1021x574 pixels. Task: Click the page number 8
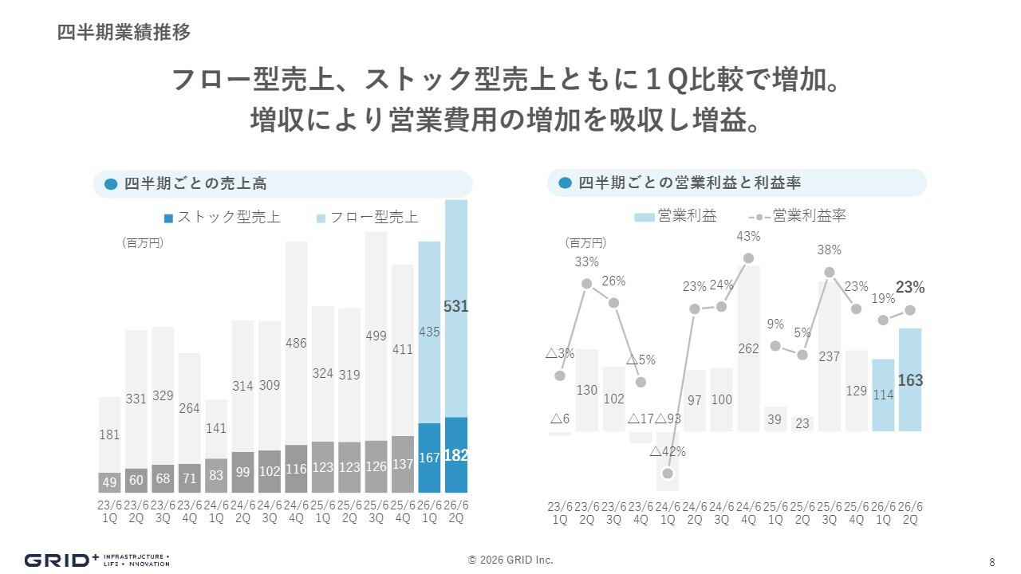(x=991, y=560)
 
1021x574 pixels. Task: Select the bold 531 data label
(x=455, y=306)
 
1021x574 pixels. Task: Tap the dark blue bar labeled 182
(x=456, y=455)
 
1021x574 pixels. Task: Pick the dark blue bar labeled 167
(x=429, y=458)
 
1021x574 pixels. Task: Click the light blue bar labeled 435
(x=429, y=332)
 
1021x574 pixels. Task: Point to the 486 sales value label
(x=296, y=344)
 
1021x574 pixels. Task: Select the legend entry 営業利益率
(x=809, y=216)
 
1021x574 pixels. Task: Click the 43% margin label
(x=748, y=236)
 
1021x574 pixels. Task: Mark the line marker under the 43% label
(x=748, y=258)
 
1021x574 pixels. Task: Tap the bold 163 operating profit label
(x=910, y=380)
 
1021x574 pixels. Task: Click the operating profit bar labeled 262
(x=748, y=348)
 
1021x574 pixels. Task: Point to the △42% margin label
(x=668, y=451)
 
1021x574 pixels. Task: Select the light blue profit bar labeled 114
(x=883, y=395)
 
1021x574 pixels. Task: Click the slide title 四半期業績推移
(x=124, y=33)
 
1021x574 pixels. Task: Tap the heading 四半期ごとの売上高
(x=195, y=183)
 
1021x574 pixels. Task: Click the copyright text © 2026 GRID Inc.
(x=510, y=560)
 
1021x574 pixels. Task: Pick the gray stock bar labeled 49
(x=109, y=482)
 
